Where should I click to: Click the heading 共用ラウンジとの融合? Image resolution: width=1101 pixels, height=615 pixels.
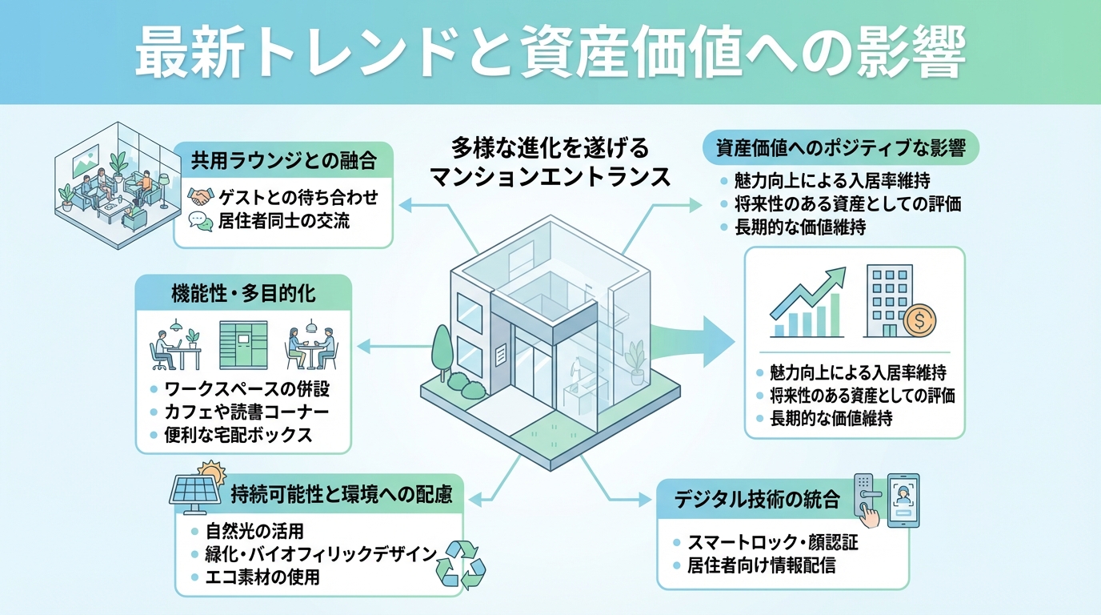(x=283, y=159)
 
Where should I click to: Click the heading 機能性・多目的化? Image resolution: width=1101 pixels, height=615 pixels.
(x=243, y=293)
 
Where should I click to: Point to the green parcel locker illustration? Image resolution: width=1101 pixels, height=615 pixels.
(x=244, y=345)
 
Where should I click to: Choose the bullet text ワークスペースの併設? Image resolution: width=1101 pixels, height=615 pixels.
(x=246, y=390)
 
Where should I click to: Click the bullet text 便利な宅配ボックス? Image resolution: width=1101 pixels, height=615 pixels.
(x=238, y=435)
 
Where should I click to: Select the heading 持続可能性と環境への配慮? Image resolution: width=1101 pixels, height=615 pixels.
(x=341, y=494)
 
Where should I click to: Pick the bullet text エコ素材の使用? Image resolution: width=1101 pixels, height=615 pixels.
(x=262, y=577)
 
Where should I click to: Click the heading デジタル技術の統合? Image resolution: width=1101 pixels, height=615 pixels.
(x=756, y=500)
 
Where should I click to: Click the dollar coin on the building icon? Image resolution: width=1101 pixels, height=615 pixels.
(x=919, y=322)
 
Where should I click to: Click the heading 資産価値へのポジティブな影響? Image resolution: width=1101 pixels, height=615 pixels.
(x=840, y=148)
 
